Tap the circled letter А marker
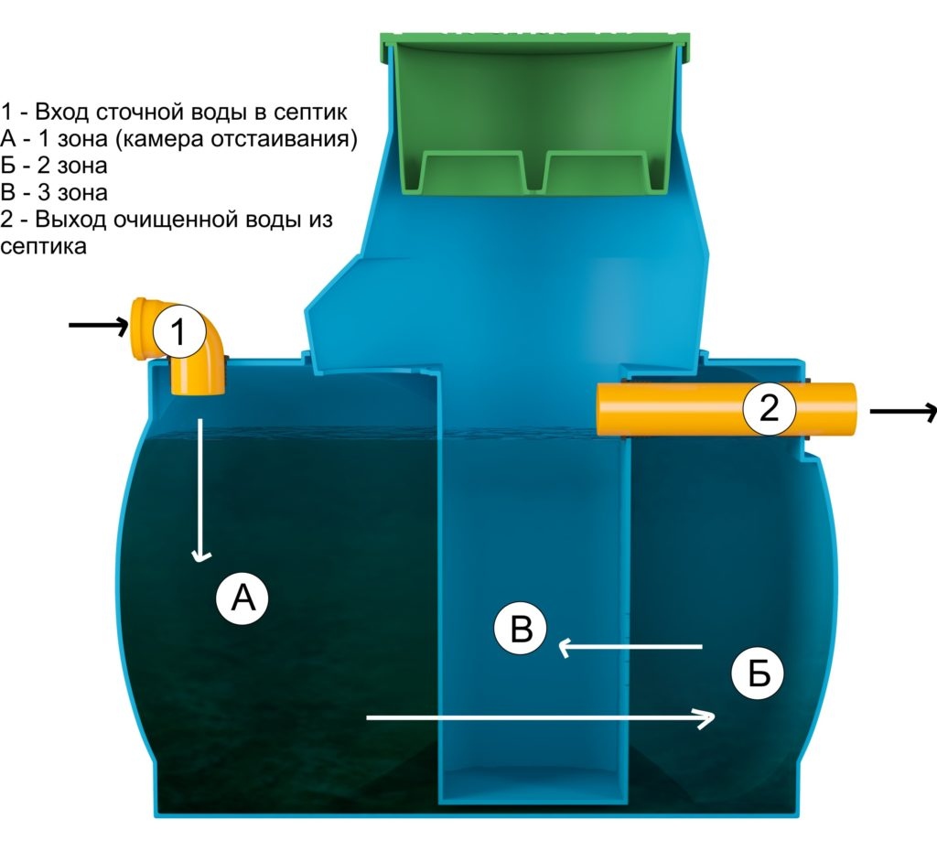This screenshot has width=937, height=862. pyautogui.click(x=242, y=598)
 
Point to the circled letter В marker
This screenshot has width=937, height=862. pyautogui.click(x=520, y=630)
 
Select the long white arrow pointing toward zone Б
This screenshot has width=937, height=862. pyautogui.click(x=540, y=718)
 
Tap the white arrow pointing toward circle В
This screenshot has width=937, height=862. pyautogui.click(x=630, y=648)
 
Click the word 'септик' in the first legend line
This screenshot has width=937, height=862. pyautogui.click(x=315, y=113)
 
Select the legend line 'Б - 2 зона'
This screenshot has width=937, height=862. pyautogui.click(x=55, y=167)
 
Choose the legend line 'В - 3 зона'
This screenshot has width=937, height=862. pyautogui.click(x=55, y=193)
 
